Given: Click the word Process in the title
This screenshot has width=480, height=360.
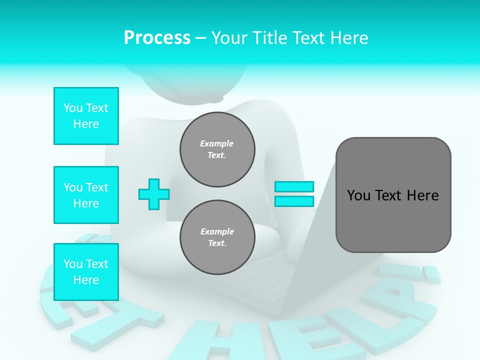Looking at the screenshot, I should click(x=157, y=38).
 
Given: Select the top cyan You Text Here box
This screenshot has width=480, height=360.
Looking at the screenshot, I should click(x=86, y=116).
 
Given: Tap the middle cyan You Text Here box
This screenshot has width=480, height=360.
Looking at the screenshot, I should click(x=86, y=195).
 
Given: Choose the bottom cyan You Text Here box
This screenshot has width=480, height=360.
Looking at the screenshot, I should click(x=86, y=271).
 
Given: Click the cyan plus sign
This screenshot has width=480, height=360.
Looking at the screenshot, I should click(x=154, y=194).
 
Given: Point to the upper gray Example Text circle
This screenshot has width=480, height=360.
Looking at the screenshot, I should click(x=217, y=149).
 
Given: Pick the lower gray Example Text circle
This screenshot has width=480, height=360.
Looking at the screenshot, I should click(x=217, y=237).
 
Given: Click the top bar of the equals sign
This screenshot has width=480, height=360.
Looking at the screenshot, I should click(x=294, y=186).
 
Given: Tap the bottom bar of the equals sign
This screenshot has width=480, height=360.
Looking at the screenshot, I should click(x=294, y=201).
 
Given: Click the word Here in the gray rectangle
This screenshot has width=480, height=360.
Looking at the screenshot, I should click(x=422, y=195).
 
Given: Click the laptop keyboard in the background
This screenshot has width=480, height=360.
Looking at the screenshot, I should click(x=255, y=277).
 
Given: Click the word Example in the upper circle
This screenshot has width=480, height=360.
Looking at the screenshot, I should click(x=217, y=143).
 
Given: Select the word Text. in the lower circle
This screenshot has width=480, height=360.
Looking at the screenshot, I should click(x=217, y=243).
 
